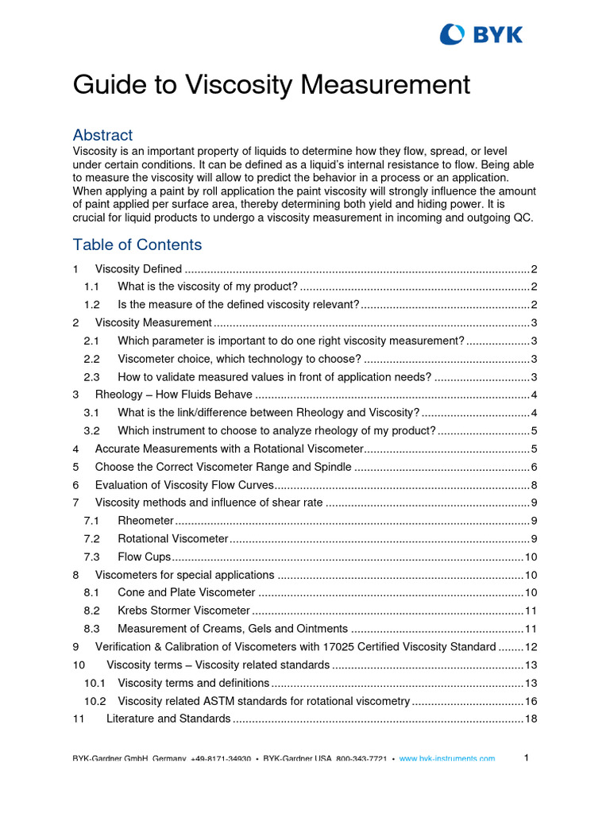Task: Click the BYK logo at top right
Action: tap(481, 34)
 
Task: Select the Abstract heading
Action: tap(102, 135)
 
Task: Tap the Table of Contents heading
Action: tap(137, 245)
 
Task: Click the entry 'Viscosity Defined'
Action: tap(138, 269)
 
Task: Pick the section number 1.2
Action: tap(91, 305)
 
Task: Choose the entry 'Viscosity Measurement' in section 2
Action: tap(153, 323)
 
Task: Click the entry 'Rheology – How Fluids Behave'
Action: tap(173, 395)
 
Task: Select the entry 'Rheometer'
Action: tap(145, 521)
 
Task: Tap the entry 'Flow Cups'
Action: tap(144, 557)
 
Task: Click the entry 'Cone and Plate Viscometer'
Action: tap(186, 593)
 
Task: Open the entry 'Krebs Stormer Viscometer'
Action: tap(183, 611)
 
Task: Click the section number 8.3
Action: tap(91, 630)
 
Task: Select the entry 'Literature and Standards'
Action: tap(168, 719)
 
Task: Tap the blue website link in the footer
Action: tap(446, 759)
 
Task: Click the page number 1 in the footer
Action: tap(526, 758)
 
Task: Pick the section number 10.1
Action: tap(95, 684)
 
